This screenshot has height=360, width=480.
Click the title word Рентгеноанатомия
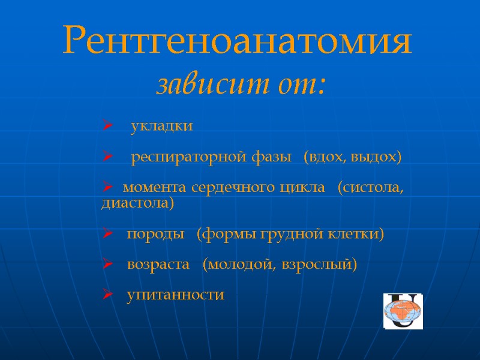238,41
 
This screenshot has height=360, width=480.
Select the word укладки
162,127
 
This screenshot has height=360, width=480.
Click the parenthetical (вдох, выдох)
352,158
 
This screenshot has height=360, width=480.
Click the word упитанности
175,295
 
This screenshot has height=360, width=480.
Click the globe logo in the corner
403,311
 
